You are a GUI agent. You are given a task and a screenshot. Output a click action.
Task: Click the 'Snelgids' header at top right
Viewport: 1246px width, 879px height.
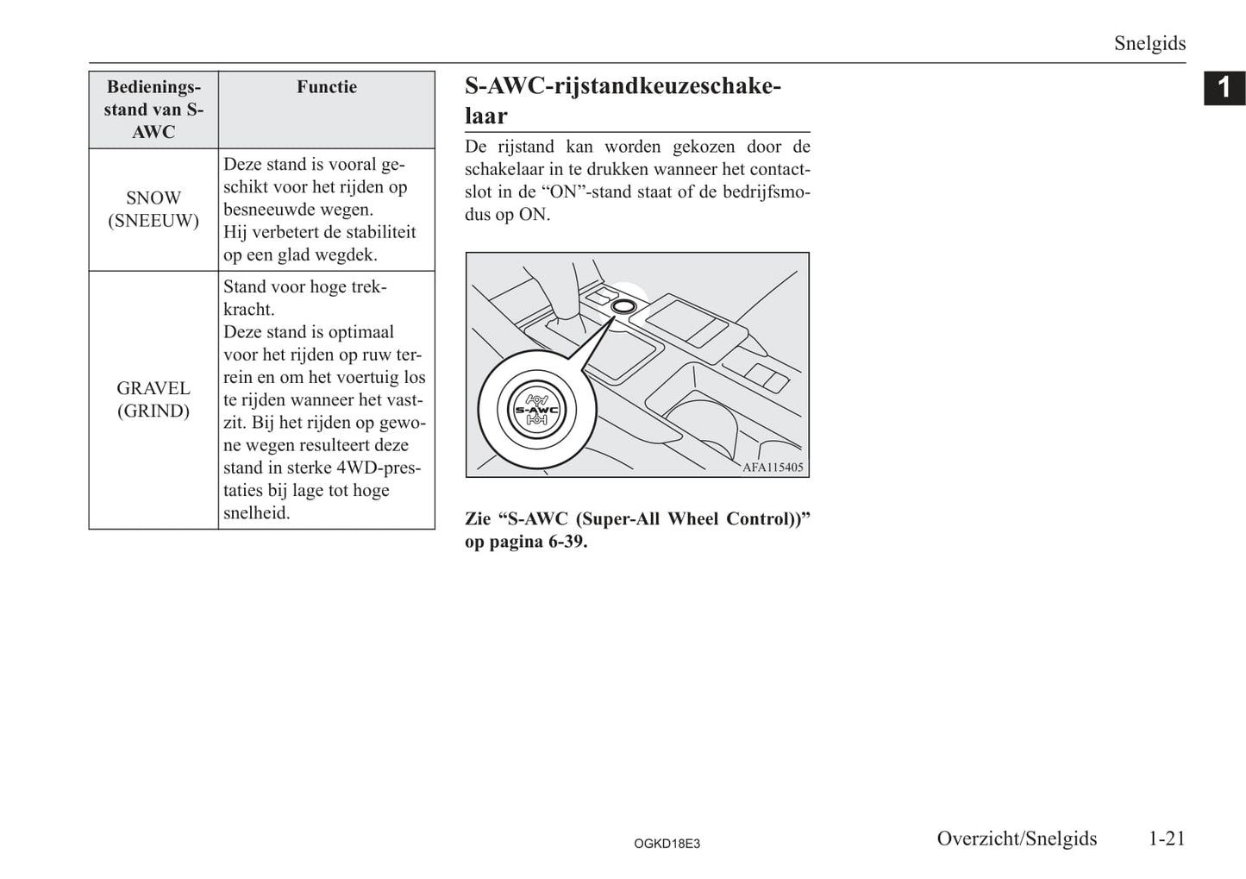pos(1149,43)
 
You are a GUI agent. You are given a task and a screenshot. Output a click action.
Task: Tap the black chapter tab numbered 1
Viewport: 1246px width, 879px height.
pos(1224,88)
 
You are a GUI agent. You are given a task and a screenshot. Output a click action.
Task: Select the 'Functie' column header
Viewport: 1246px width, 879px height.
pos(326,87)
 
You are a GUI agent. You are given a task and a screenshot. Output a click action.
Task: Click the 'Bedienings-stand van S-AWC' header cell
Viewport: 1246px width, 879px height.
pos(153,110)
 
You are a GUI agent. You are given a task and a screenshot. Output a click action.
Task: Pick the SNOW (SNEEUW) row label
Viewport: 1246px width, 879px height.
pos(153,210)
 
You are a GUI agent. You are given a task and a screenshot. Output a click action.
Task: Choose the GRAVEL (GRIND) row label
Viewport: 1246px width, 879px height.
pos(153,399)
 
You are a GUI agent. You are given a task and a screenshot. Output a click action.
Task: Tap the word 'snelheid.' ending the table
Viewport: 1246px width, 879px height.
pos(257,512)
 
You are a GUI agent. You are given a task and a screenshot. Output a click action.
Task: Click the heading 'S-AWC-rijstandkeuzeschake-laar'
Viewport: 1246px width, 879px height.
pos(623,100)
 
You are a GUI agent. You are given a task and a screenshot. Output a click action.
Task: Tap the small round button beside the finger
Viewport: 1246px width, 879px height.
pos(623,305)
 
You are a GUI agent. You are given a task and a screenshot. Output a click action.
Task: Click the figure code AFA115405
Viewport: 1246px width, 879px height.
pos(773,468)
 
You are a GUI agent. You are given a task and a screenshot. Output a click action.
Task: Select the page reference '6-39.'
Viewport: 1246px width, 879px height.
pos(567,542)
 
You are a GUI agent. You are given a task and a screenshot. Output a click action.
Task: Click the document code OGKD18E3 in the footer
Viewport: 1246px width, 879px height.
pos(667,844)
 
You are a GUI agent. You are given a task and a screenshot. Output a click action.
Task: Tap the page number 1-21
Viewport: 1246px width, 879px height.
pos(1167,838)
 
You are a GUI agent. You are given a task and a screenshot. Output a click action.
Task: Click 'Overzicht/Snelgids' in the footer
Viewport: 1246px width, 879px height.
pos(1017,838)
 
